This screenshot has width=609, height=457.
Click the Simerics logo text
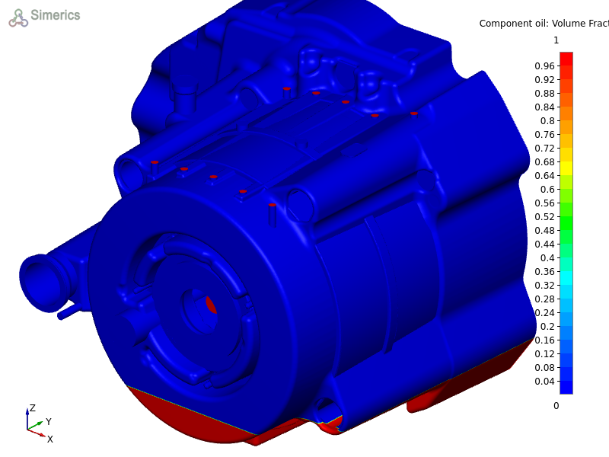[x=55, y=15]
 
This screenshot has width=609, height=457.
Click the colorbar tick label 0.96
[x=544, y=66]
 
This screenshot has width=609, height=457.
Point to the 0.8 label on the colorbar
[x=547, y=121]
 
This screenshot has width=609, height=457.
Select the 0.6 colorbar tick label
[x=547, y=189]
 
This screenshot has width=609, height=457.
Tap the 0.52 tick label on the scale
[x=544, y=217]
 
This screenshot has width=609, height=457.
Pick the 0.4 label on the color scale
[x=547, y=258]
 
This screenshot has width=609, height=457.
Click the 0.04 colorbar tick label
[x=544, y=382]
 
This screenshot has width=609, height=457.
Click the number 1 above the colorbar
[x=556, y=40]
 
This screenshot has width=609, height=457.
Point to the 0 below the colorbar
[x=556, y=406]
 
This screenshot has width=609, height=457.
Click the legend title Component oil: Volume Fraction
[x=544, y=24]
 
